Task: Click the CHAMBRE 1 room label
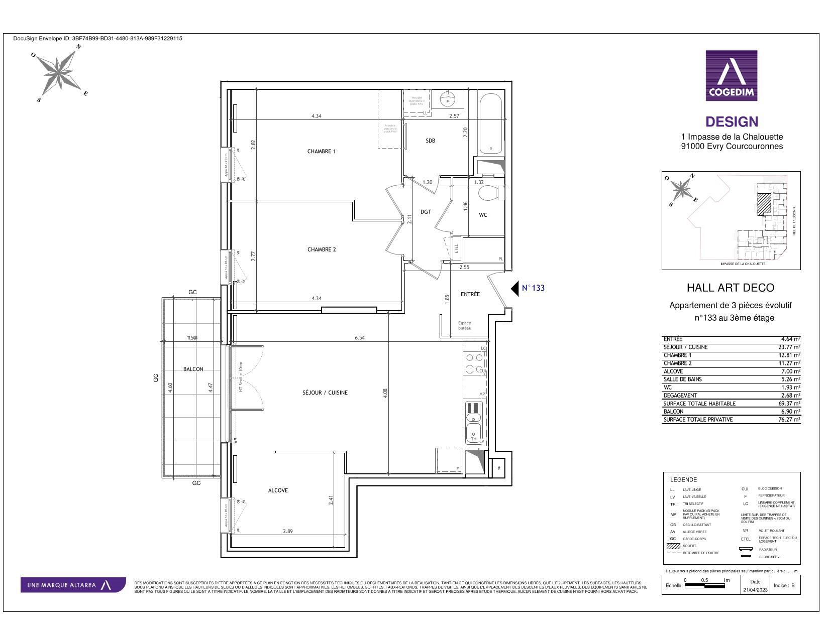pyautogui.click(x=321, y=151)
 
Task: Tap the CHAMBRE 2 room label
pyautogui.click(x=321, y=249)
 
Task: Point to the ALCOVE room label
pyautogui.click(x=278, y=490)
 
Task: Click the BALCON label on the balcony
pyautogui.click(x=193, y=369)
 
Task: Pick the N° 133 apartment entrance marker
pyautogui.click(x=528, y=288)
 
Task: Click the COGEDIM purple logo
pyautogui.click(x=731, y=75)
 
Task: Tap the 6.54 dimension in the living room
pyautogui.click(x=359, y=338)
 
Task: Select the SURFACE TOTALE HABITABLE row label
pyautogui.click(x=699, y=404)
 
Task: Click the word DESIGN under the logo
pyautogui.click(x=732, y=122)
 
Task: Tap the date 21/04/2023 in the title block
pyautogui.click(x=755, y=590)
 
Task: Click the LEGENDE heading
pyautogui.click(x=683, y=479)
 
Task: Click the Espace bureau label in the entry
pyautogui.click(x=465, y=326)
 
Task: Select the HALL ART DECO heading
pyautogui.click(x=731, y=288)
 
